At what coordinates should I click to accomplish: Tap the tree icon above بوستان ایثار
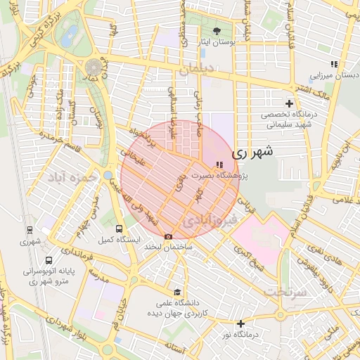[217, 31]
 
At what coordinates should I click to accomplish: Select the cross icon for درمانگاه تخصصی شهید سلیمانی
[288, 103]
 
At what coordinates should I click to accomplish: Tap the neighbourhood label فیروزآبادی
[210, 221]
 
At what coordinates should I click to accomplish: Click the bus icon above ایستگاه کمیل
[119, 229]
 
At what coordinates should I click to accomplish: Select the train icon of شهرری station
[30, 230]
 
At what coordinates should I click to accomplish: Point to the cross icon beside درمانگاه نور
[241, 324]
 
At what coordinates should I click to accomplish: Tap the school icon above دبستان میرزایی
[335, 64]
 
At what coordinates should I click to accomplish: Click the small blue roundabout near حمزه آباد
[108, 174]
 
